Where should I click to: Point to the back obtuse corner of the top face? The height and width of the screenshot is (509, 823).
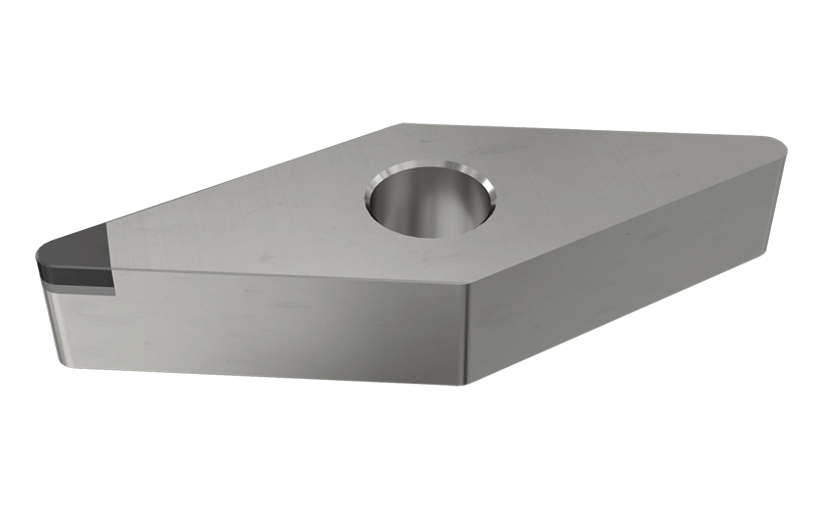404,124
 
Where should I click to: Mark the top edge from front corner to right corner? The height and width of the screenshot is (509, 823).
627,215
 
